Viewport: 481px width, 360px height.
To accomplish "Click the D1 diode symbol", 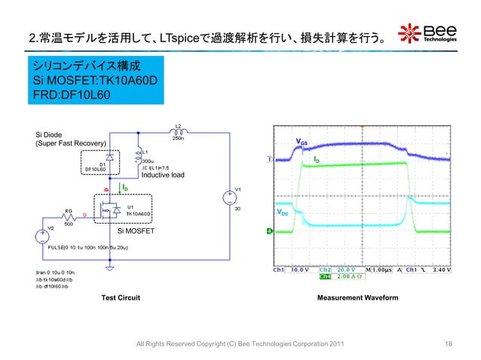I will pyautogui.click(x=111, y=159).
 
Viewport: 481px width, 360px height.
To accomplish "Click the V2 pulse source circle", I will pyautogui.click(x=45, y=236).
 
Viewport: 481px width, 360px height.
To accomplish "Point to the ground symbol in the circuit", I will pyautogui.click(x=110, y=267).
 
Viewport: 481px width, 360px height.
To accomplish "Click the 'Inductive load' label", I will pyautogui.click(x=163, y=175).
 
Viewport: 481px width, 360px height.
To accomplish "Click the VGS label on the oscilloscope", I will pyautogui.click(x=301, y=142).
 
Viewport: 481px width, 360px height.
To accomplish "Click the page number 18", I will pyautogui.click(x=449, y=344).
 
